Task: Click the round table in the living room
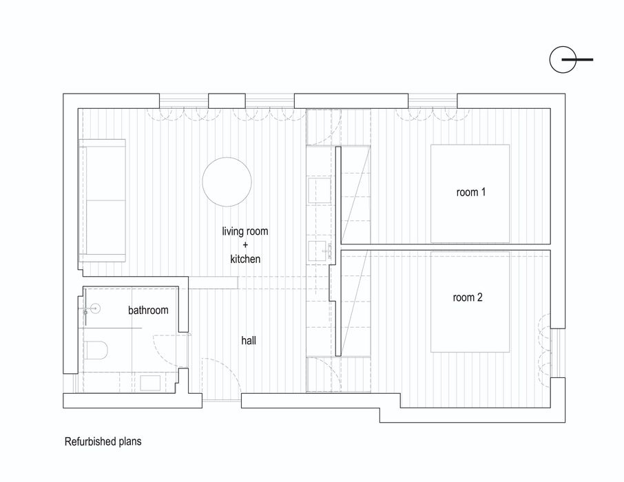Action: pyautogui.click(x=227, y=182)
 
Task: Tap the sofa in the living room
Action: pyautogui.click(x=103, y=200)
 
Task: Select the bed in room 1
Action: pyautogui.click(x=470, y=193)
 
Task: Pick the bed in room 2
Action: pyautogui.click(x=470, y=301)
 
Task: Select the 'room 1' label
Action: pyautogui.click(x=471, y=193)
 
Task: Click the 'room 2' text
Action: pyautogui.click(x=468, y=297)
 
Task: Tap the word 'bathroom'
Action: pyautogui.click(x=148, y=311)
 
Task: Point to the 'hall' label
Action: pyautogui.click(x=249, y=340)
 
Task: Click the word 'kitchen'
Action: pyautogui.click(x=245, y=259)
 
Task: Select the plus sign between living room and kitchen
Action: pyautogui.click(x=245, y=245)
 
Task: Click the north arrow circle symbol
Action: pyautogui.click(x=563, y=61)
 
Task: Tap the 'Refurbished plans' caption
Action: pyautogui.click(x=103, y=441)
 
